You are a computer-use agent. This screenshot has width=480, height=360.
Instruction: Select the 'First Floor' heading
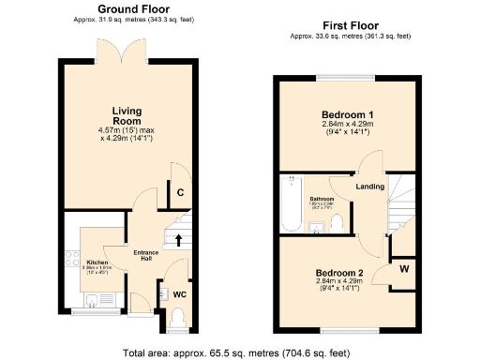point(348,27)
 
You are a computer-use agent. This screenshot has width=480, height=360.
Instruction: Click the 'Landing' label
point(370,187)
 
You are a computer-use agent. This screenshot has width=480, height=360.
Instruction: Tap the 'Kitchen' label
point(98,262)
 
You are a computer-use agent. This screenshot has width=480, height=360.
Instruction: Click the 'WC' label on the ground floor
point(179,294)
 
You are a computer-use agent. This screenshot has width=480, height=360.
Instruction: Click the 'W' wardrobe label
point(403,270)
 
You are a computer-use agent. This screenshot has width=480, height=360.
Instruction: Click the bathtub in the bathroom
point(292,202)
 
